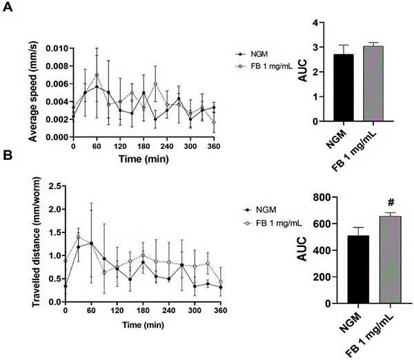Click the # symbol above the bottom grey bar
[391, 203]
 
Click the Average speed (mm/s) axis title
[33, 92]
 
